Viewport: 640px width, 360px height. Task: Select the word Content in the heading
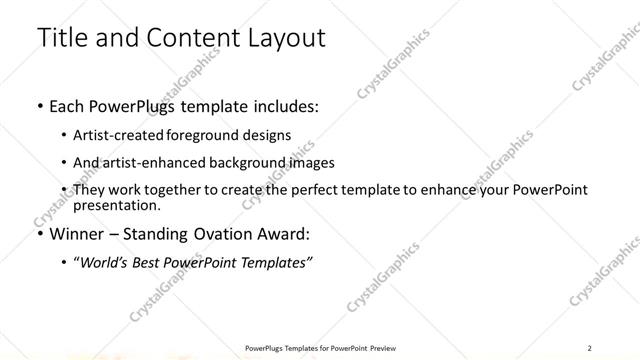(183, 38)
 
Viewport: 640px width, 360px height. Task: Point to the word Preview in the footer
(378, 348)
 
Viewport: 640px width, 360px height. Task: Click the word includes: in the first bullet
(279, 105)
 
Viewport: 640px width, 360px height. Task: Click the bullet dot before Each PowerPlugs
(39, 105)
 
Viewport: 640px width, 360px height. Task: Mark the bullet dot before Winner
(39, 235)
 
